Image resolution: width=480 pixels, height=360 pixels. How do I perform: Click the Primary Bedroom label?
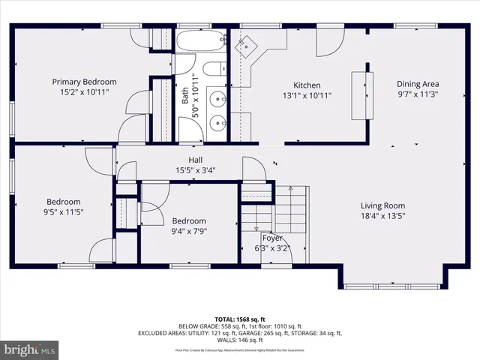(x=84, y=82)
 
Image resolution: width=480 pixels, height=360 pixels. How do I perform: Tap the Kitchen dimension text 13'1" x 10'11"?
(x=307, y=96)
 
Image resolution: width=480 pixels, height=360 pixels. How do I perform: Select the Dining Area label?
(x=418, y=84)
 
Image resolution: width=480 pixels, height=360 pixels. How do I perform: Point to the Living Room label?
(x=382, y=205)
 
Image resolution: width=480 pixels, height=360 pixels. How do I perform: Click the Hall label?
(x=195, y=160)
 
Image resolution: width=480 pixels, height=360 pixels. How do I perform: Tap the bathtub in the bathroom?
(x=201, y=41)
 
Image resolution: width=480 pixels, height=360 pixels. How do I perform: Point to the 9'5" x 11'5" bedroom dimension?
(x=64, y=212)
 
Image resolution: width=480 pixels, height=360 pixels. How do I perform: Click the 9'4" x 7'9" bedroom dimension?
(x=189, y=232)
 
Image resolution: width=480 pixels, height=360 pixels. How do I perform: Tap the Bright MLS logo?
(x=30, y=349)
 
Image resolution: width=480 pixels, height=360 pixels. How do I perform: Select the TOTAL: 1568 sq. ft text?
(x=239, y=318)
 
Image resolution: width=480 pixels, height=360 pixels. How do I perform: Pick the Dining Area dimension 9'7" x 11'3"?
(x=418, y=95)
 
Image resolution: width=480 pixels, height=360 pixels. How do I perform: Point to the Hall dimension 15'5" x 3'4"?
(x=195, y=170)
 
